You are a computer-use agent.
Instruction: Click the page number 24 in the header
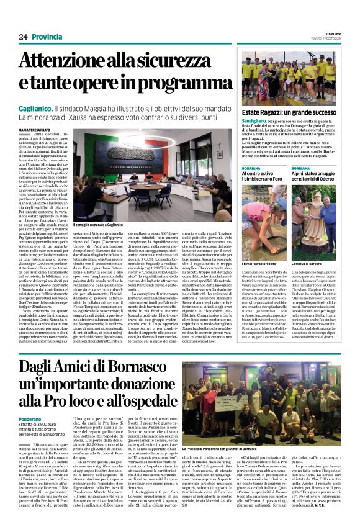point(24,38)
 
